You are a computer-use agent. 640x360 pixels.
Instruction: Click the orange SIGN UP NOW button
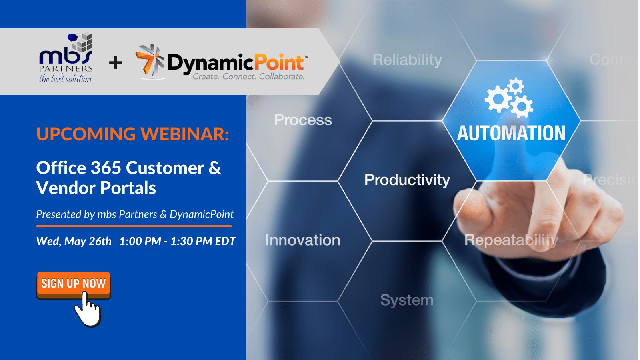click(74, 285)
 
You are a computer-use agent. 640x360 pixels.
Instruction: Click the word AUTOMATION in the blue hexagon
click(511, 133)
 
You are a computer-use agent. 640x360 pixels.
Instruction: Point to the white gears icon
click(509, 98)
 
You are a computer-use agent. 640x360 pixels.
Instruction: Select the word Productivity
click(407, 180)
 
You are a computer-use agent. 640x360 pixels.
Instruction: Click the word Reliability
click(408, 60)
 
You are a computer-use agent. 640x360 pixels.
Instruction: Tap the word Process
click(303, 120)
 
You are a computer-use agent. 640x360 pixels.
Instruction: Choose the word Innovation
click(303, 240)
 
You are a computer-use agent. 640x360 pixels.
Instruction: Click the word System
click(407, 300)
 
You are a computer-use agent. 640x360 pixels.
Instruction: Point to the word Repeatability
click(511, 240)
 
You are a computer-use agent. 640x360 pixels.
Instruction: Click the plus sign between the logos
click(116, 63)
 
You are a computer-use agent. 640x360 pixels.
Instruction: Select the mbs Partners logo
click(66, 58)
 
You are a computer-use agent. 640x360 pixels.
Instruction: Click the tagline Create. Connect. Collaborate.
click(248, 76)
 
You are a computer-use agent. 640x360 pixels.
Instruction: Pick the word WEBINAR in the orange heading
click(184, 134)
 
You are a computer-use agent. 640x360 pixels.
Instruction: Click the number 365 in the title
click(106, 168)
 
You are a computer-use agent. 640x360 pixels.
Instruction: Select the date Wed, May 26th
click(74, 242)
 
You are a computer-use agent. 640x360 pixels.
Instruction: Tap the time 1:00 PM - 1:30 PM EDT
click(178, 242)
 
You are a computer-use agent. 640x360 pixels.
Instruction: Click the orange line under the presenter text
click(134, 226)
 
